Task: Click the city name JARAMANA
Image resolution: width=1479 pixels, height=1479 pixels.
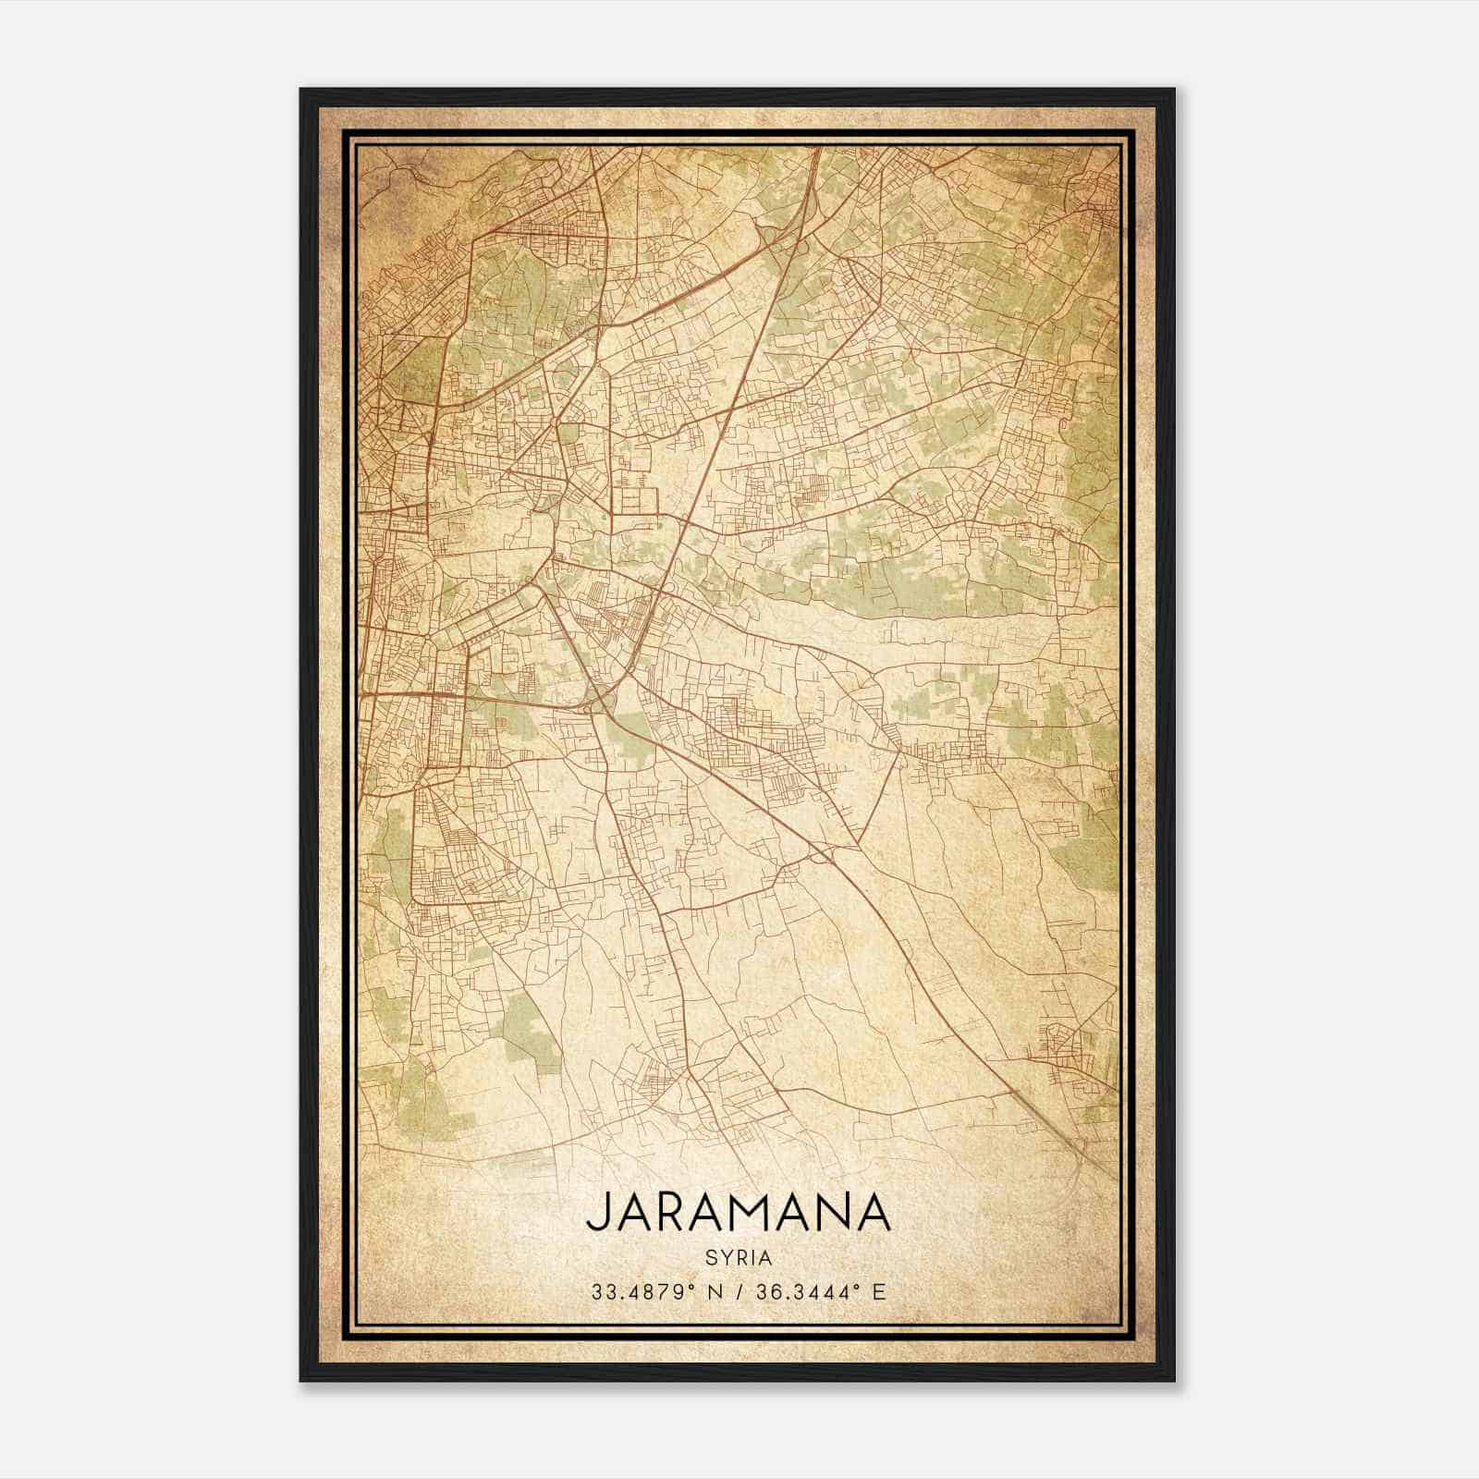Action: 738,1212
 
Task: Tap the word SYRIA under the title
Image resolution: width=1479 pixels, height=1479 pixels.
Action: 738,1257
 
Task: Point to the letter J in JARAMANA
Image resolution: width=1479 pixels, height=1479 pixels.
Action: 595,1212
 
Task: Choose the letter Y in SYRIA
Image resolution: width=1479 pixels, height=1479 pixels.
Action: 722,1257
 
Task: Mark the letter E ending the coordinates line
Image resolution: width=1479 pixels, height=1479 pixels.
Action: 880,1291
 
